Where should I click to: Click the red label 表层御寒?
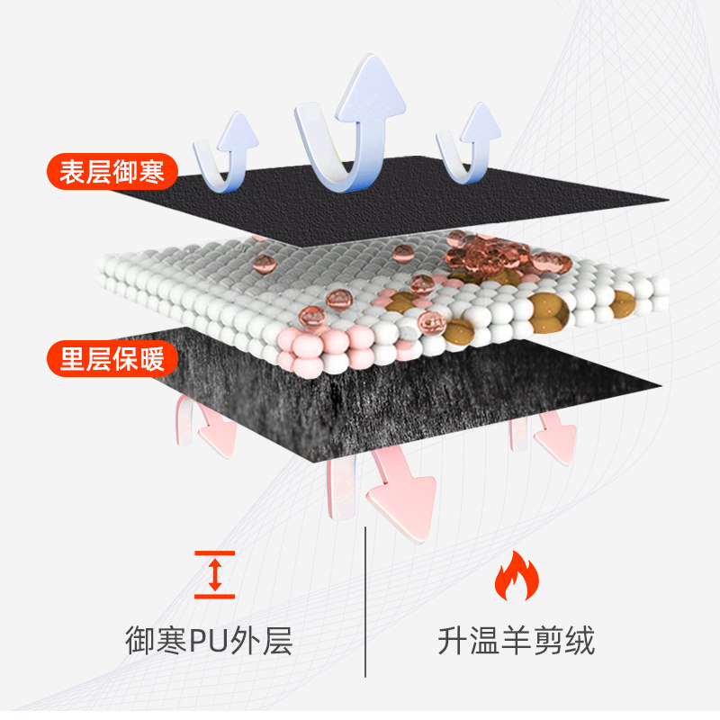tap(112, 173)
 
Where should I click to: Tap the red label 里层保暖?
tap(112, 360)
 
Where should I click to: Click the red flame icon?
tap(516, 577)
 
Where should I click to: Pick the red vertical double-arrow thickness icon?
tap(214, 574)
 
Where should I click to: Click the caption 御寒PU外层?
tap(208, 642)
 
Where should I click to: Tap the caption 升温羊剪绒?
tap(516, 642)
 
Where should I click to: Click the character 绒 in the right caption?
tap(580, 642)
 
